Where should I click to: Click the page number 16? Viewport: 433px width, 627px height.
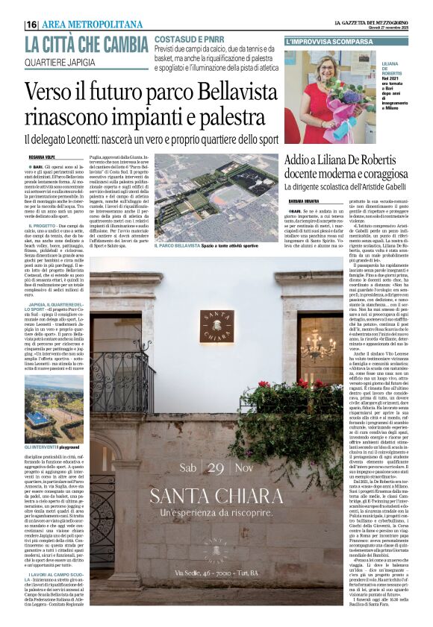click(31, 25)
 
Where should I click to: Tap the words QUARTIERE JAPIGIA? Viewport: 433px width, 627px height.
click(60, 62)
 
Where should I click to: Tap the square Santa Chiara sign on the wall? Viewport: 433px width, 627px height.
click(216, 326)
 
